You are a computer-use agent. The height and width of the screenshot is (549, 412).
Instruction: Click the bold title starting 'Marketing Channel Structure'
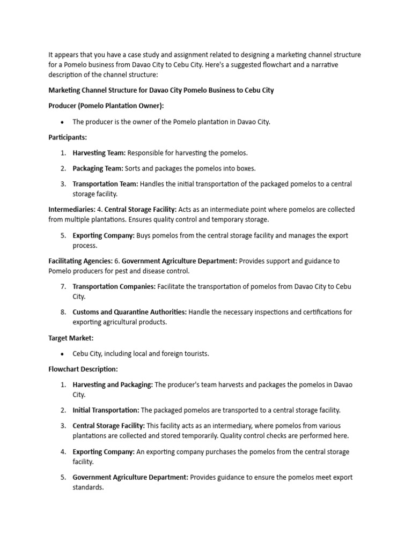click(x=161, y=90)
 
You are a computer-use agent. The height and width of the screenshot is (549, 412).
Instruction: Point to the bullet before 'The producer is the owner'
click(x=63, y=122)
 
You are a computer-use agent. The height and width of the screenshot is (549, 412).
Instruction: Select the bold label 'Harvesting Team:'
click(x=99, y=153)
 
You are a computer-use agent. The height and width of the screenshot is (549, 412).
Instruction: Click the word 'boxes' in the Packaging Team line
click(x=245, y=168)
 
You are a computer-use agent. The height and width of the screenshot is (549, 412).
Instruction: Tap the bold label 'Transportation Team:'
click(x=105, y=184)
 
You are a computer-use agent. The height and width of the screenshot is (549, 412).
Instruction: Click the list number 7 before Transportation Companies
click(x=63, y=286)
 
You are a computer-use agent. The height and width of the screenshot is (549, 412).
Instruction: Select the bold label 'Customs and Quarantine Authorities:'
click(x=130, y=311)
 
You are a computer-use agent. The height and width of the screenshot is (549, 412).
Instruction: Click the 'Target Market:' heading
click(x=71, y=338)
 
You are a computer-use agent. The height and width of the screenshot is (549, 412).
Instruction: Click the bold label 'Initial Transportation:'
click(x=106, y=410)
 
